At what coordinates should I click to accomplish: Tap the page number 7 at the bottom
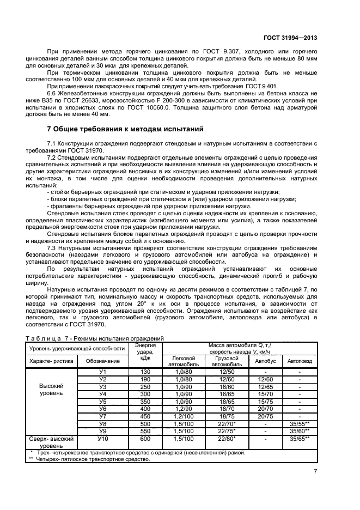[315, 472]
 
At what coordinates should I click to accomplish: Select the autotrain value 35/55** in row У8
[300, 423]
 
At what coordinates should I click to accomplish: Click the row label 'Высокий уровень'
[51, 389]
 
